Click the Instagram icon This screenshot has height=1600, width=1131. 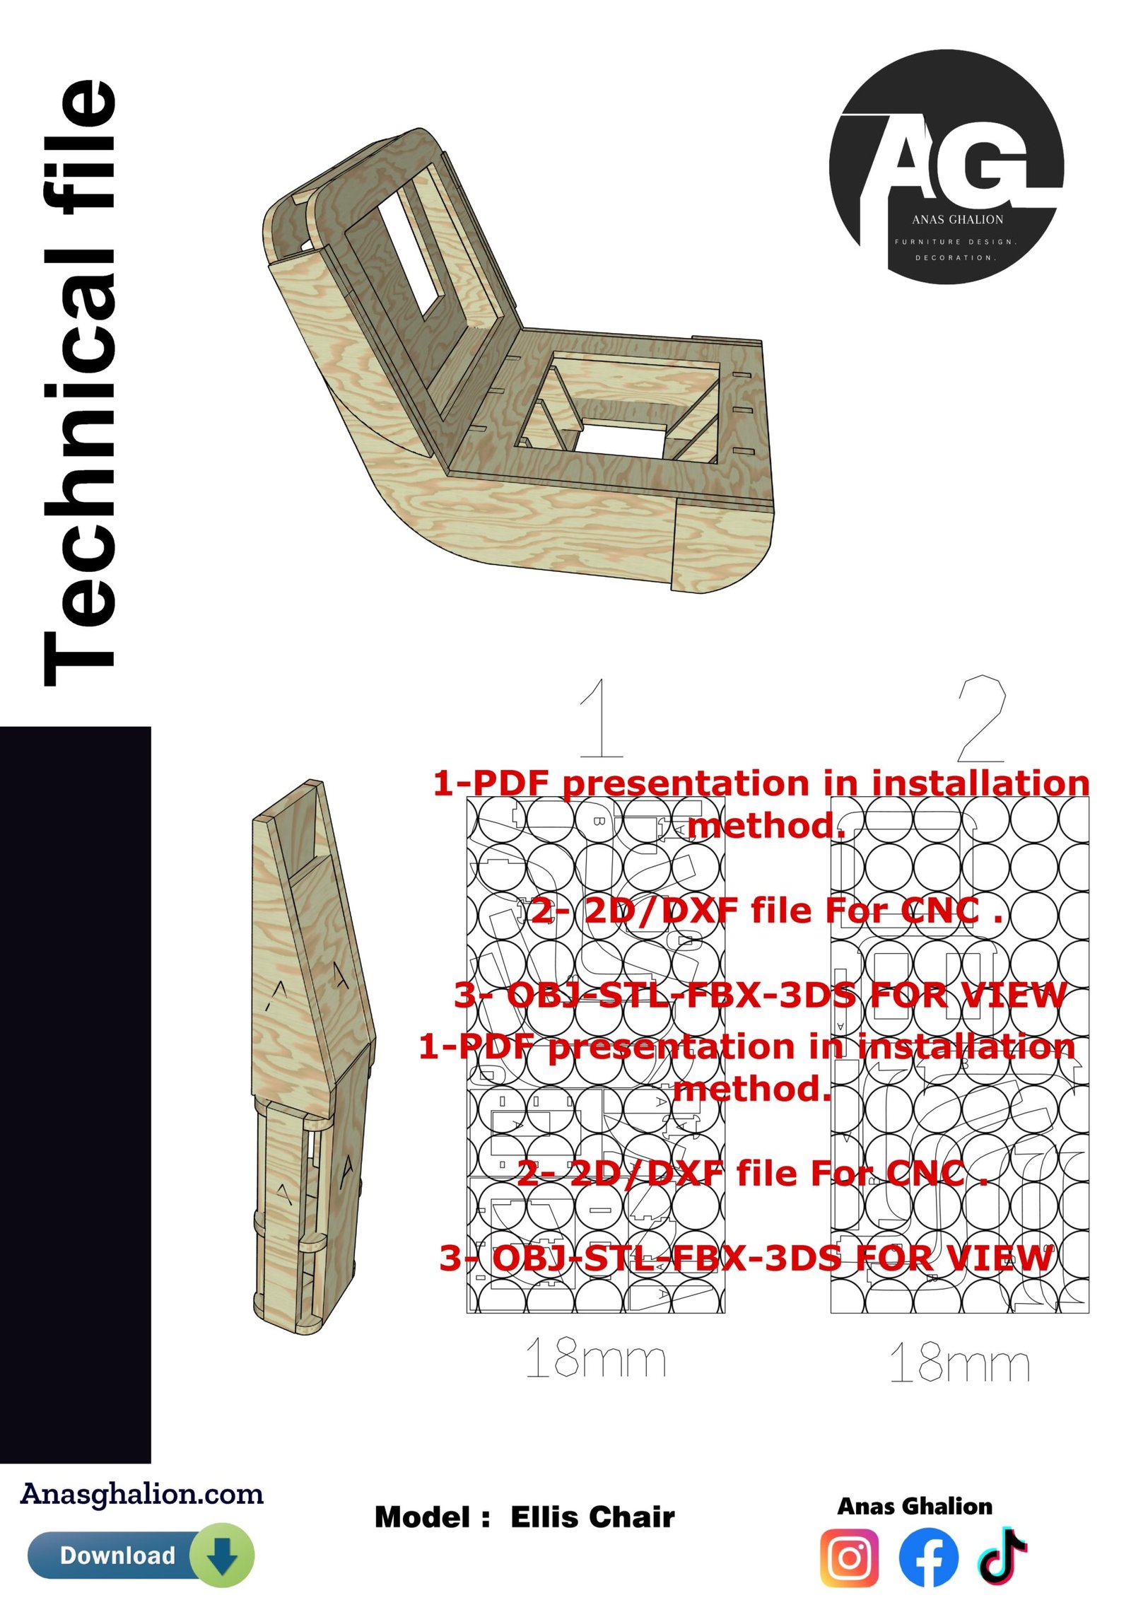pos(850,1558)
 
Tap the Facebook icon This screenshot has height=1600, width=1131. pos(929,1558)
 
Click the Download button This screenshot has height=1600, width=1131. pos(141,1555)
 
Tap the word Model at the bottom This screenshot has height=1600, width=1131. pos(422,1517)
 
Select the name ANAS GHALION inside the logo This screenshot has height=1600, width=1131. pos(957,220)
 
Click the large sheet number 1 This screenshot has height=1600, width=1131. pos(601,717)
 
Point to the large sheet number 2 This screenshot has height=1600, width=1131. pos(981,717)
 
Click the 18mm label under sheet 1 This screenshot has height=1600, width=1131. pos(596,1357)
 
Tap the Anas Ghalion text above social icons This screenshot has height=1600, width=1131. pos(915,1506)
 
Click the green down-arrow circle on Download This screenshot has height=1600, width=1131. pos(223,1555)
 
